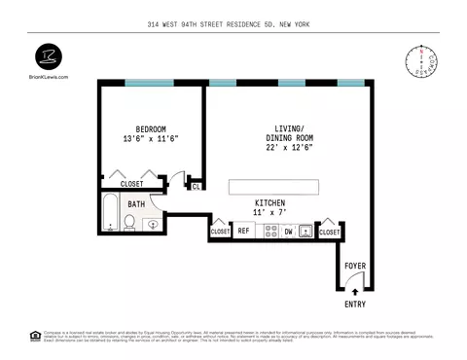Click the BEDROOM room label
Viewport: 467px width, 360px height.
click(151, 128)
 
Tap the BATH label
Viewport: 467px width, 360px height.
click(135, 204)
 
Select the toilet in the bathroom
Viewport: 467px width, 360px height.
click(129, 225)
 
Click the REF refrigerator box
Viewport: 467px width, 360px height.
click(244, 232)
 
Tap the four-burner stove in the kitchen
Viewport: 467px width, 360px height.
click(268, 232)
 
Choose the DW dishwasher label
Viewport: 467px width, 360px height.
click(288, 232)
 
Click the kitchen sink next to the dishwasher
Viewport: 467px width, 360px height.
click(305, 232)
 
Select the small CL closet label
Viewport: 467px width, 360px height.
click(196, 186)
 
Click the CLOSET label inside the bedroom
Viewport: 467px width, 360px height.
click(132, 183)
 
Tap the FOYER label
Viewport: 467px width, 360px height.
click(356, 265)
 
